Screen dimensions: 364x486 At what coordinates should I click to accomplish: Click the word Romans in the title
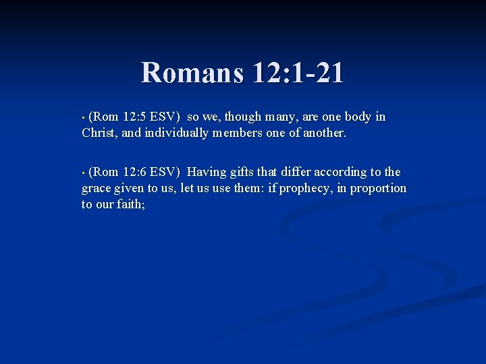point(191,73)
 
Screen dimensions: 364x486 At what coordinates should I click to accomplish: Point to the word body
point(356,117)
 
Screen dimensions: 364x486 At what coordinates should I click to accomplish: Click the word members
point(240,133)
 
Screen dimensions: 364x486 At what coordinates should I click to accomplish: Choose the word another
point(323,133)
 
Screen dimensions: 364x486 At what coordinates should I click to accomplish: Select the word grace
point(97,188)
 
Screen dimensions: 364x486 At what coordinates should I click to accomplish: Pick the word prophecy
point(303,188)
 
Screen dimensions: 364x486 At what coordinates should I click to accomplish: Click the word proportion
point(379,188)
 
